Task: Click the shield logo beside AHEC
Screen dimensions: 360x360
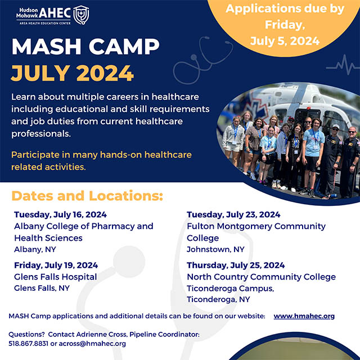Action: (x=81, y=15)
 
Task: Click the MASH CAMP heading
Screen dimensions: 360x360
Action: (x=85, y=47)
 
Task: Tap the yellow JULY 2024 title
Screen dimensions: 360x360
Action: (x=72, y=73)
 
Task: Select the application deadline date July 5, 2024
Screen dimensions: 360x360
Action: (x=285, y=41)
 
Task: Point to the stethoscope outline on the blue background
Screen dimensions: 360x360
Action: (x=202, y=60)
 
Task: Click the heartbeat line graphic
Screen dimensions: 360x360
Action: (x=342, y=65)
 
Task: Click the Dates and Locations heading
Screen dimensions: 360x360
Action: (x=87, y=196)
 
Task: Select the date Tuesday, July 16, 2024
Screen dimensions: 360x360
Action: (x=60, y=215)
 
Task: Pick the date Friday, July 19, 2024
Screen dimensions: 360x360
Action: (x=56, y=265)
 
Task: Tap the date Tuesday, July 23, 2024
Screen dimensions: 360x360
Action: (x=233, y=215)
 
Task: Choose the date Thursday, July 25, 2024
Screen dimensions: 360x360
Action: (x=236, y=265)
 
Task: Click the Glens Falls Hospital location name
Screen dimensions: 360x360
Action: (x=55, y=277)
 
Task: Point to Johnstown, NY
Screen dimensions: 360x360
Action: (x=215, y=249)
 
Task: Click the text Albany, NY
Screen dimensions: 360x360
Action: (x=35, y=249)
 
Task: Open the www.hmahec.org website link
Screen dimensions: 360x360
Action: (x=304, y=316)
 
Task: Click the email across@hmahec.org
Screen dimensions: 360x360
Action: (x=92, y=344)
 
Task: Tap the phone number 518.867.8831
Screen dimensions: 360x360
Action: (x=29, y=344)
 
